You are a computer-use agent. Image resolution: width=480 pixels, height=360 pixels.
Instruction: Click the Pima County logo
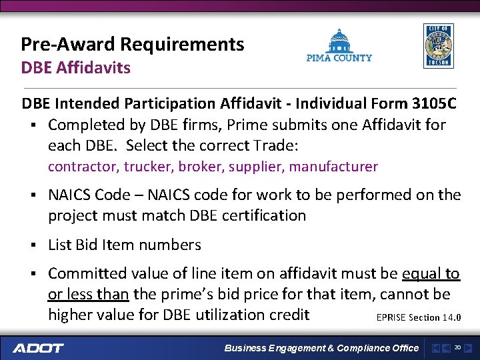339,46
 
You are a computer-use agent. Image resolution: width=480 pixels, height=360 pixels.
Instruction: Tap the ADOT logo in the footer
38,348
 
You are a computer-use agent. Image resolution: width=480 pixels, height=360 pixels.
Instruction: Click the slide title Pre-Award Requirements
133,45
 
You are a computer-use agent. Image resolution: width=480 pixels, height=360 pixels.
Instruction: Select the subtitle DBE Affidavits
75,67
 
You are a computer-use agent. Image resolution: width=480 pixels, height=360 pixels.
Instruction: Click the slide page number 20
457,347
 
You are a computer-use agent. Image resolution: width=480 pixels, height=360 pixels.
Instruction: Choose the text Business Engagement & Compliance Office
321,348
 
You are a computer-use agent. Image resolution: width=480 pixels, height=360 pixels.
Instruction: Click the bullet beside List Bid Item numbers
31,245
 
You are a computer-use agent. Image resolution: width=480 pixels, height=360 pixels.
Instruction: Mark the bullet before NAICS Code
31,195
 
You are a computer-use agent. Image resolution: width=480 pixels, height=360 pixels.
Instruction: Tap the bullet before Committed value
31,274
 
